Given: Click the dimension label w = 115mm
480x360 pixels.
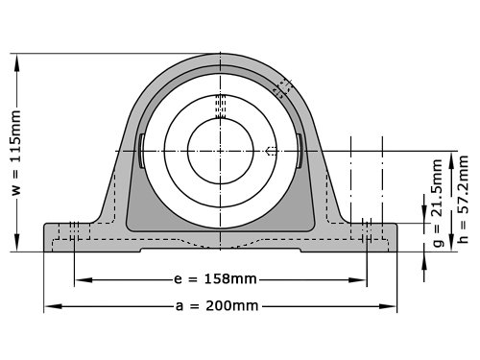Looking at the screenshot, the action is coord(16,153).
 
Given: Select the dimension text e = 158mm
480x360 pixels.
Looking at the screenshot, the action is coord(215,279).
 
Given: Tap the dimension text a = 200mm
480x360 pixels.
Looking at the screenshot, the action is coord(217,306).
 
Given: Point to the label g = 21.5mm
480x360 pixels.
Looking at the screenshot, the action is coord(438,203).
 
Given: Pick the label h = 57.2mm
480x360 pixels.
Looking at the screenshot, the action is coord(463,199).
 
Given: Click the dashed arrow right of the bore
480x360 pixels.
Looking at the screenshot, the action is coord(271,151).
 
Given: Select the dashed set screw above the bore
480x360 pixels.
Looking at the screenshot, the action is coord(220,107).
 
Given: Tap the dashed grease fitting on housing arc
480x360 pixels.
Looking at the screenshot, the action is coord(283,88).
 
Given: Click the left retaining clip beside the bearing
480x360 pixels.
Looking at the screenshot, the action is coord(141,151).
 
